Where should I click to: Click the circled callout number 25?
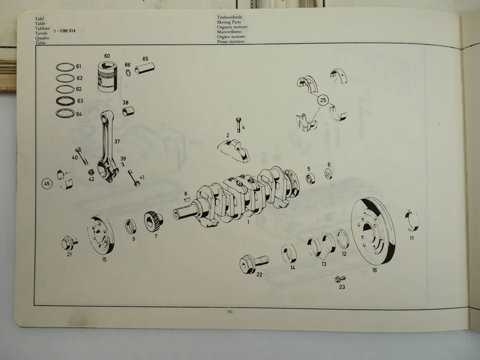click(x=322, y=100)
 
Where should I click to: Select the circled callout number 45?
click(x=47, y=184)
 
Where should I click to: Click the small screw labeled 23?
click(x=340, y=279)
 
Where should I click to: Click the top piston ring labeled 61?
click(x=65, y=67)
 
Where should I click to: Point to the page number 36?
click(x=230, y=311)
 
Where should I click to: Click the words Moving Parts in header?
click(x=229, y=22)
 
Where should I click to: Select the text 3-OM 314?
click(x=65, y=30)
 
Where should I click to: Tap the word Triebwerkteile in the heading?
click(x=229, y=17)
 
